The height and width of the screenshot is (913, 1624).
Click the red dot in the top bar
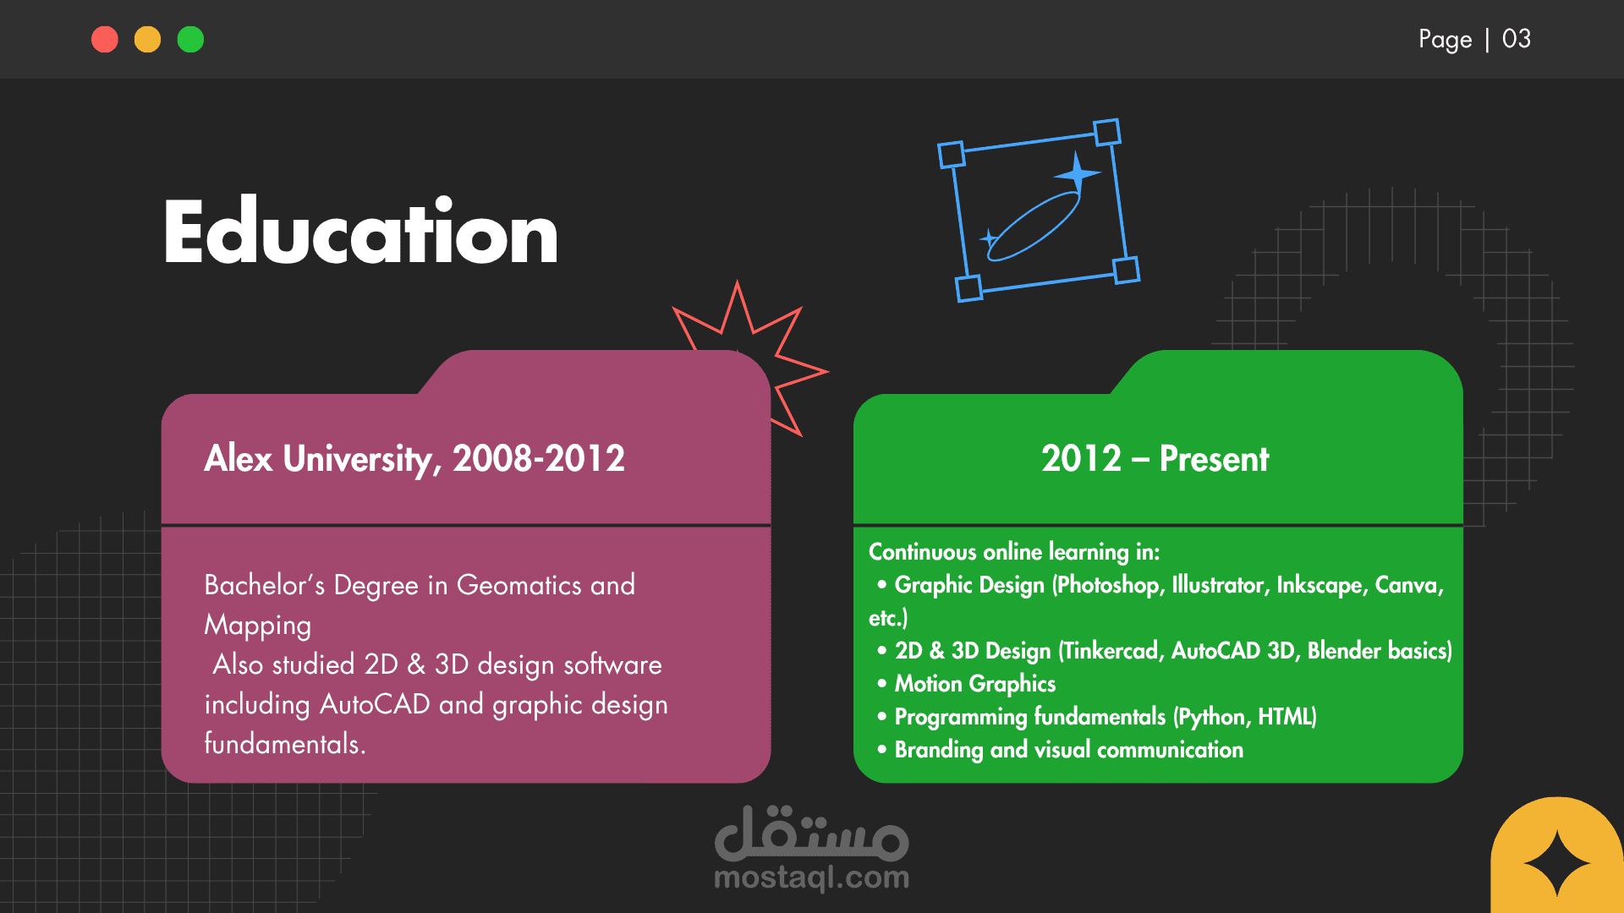(105, 40)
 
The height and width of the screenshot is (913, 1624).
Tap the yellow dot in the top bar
(148, 40)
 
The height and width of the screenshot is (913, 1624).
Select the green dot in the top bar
(191, 40)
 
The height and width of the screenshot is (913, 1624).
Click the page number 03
(1516, 39)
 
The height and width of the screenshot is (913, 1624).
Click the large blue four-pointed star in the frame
(1077, 174)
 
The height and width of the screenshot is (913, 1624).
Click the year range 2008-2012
(539, 458)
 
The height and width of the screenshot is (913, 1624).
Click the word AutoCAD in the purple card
(376, 704)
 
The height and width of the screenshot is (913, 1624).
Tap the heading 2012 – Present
(1155, 459)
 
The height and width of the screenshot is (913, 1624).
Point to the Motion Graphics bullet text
(975, 684)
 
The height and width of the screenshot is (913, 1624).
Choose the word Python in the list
(1212, 717)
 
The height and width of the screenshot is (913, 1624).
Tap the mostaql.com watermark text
(812, 877)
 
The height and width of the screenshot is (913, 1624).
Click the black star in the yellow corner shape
(1557, 863)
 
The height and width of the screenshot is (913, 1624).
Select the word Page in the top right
(1446, 40)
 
